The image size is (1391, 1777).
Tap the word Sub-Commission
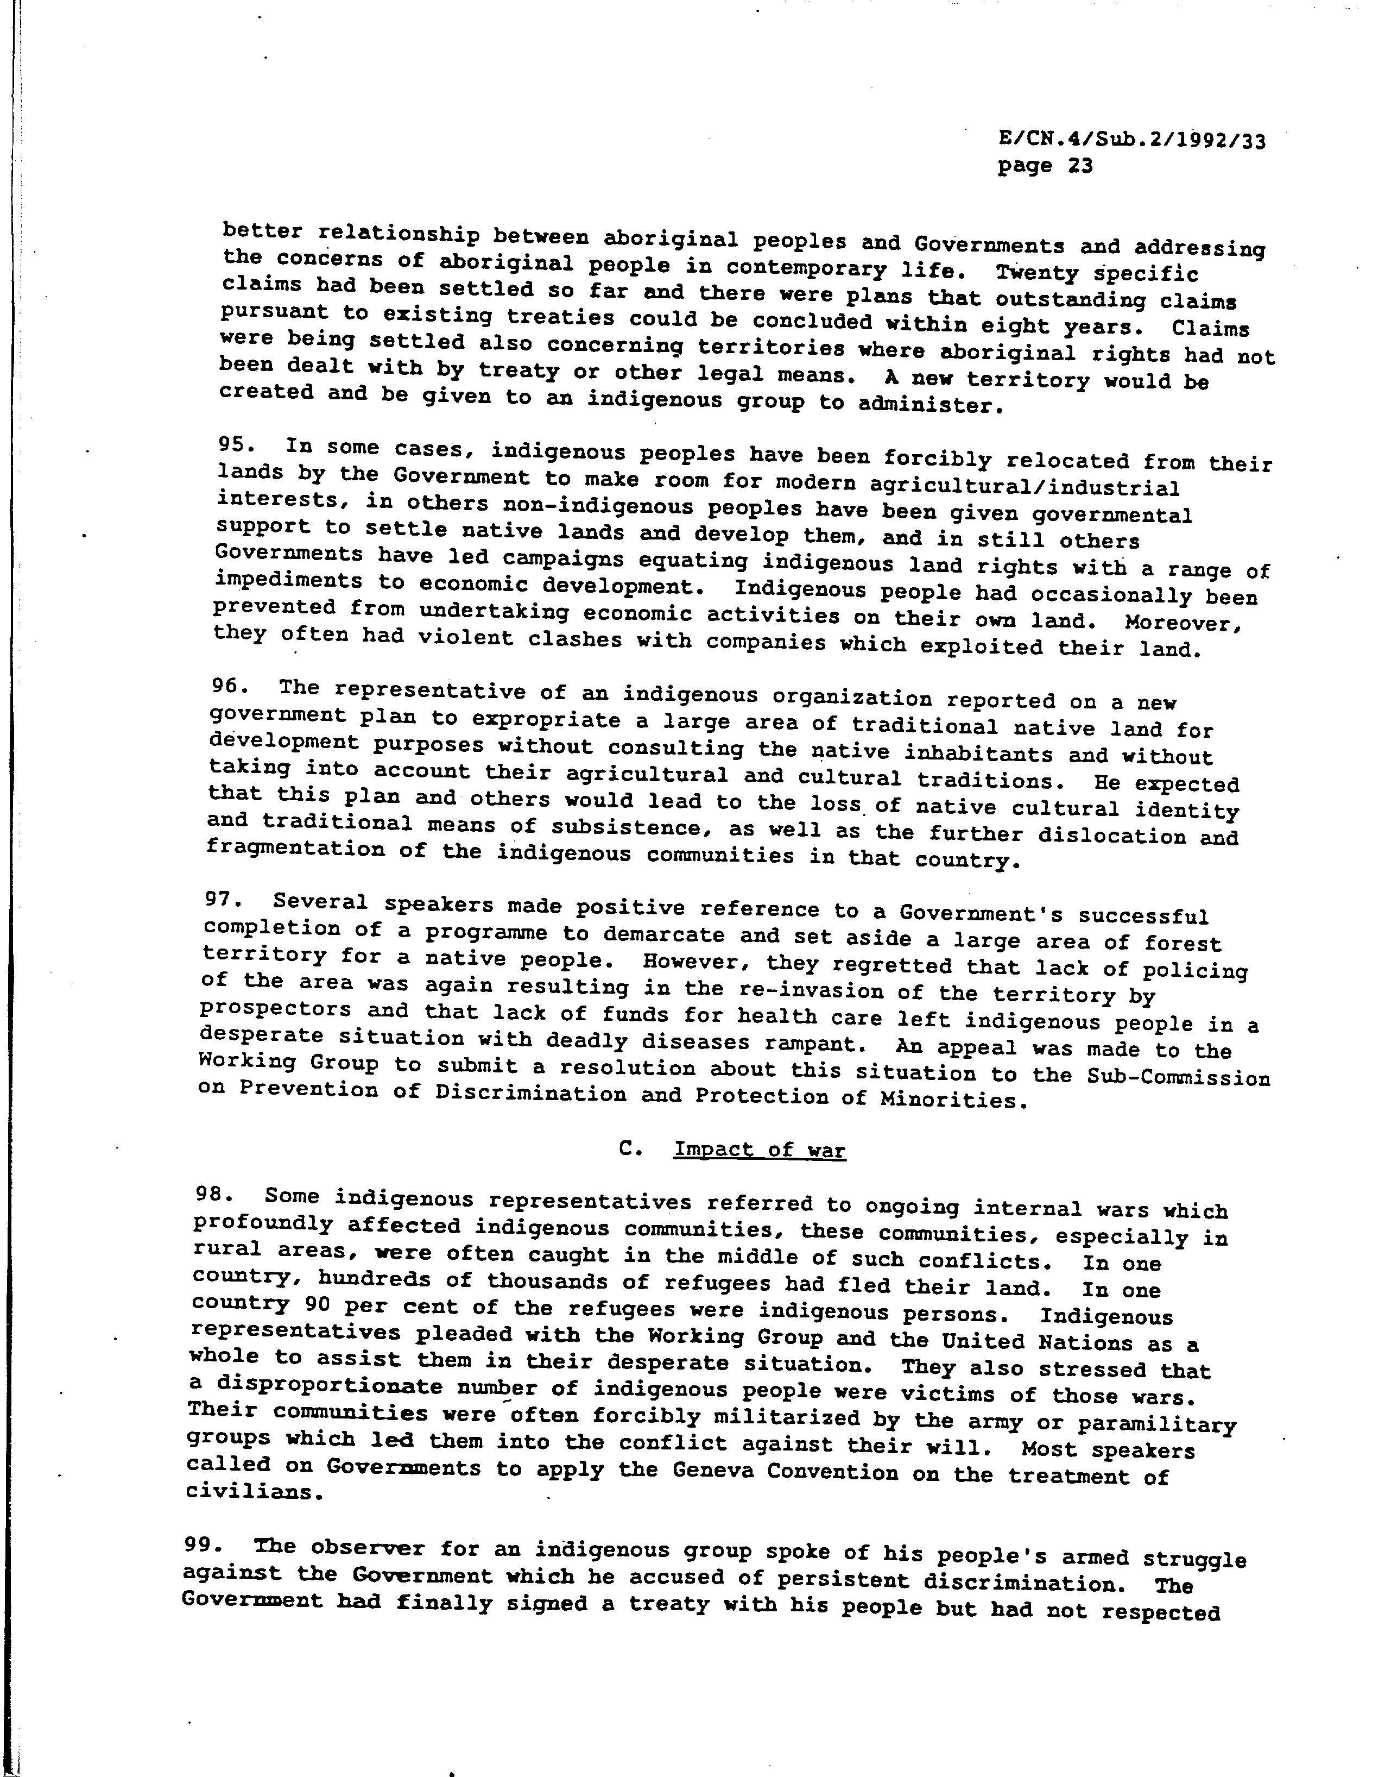click(1178, 1077)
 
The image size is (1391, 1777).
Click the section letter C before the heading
click(627, 1149)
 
